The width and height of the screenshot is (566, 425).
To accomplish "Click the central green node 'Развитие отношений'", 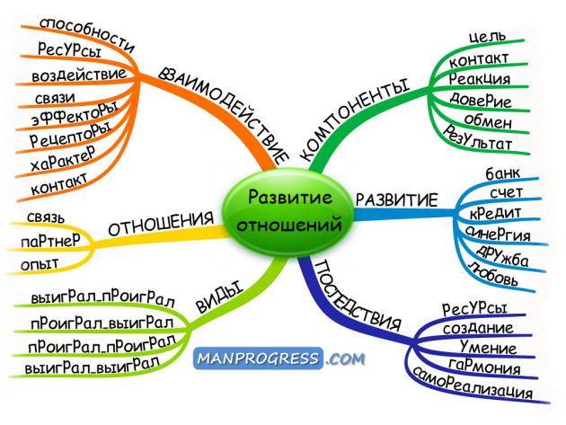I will (x=283, y=210).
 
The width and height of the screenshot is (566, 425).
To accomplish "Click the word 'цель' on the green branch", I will (x=487, y=35).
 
